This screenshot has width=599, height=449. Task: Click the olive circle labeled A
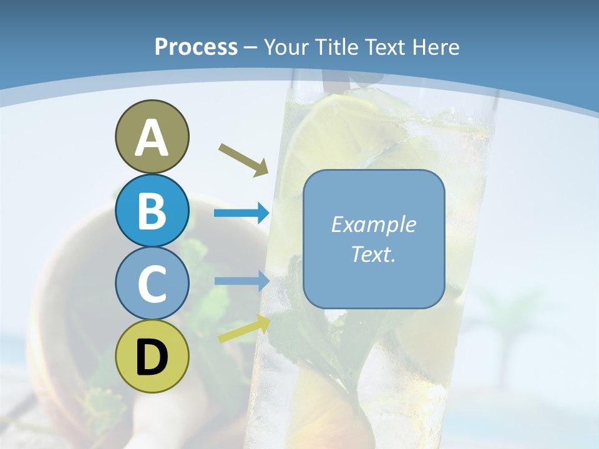point(152,137)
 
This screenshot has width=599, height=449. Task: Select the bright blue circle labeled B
point(152,210)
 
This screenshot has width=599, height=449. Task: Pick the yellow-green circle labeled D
point(152,356)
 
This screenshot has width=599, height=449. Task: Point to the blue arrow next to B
point(241,213)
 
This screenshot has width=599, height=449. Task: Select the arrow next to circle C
point(241,281)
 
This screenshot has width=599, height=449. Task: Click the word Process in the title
point(196,47)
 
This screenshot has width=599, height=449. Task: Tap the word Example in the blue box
point(373,224)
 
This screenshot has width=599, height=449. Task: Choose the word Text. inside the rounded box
point(373,254)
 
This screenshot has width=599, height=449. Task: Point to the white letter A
point(152,138)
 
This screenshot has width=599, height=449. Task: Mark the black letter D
point(152,357)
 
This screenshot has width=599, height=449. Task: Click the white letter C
point(152,284)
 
